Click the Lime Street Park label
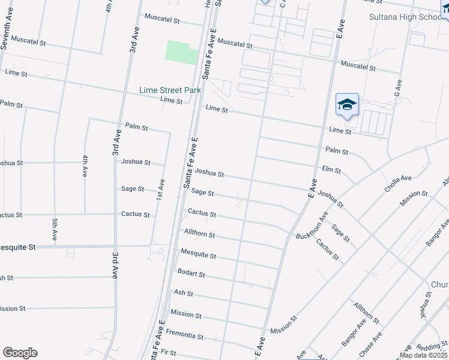coord(170,90)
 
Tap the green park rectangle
coord(182,52)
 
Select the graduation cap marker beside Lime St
coord(347,106)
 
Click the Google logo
coord(20,353)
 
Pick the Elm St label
coord(331,170)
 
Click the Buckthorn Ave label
coord(312,225)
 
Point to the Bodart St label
coord(191,274)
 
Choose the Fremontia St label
coord(185,334)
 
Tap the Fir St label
coord(169,353)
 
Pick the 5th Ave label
coord(53,229)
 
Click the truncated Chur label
coord(439,284)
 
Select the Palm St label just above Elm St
coord(337,151)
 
